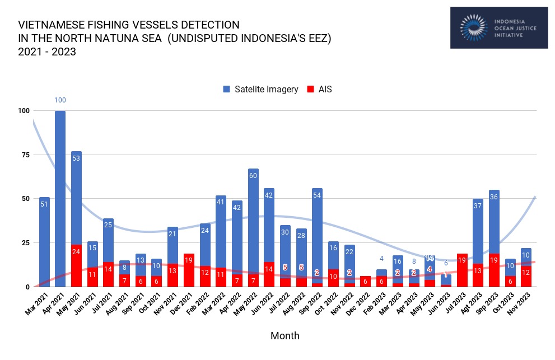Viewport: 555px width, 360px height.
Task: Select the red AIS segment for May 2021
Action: (x=76, y=265)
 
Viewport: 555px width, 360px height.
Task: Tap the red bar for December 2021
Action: (x=189, y=270)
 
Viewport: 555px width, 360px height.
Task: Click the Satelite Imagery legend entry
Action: (x=260, y=90)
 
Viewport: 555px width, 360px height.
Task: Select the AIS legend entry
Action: (x=319, y=90)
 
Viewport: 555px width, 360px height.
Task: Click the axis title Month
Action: (x=285, y=336)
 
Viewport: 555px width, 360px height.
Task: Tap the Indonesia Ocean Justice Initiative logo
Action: (x=498, y=27)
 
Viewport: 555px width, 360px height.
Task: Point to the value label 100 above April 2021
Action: (x=60, y=100)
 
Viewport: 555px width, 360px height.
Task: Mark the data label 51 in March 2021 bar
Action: (x=44, y=204)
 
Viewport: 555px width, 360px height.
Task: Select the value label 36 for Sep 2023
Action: (x=494, y=197)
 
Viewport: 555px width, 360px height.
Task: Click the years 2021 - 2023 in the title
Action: (x=47, y=52)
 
